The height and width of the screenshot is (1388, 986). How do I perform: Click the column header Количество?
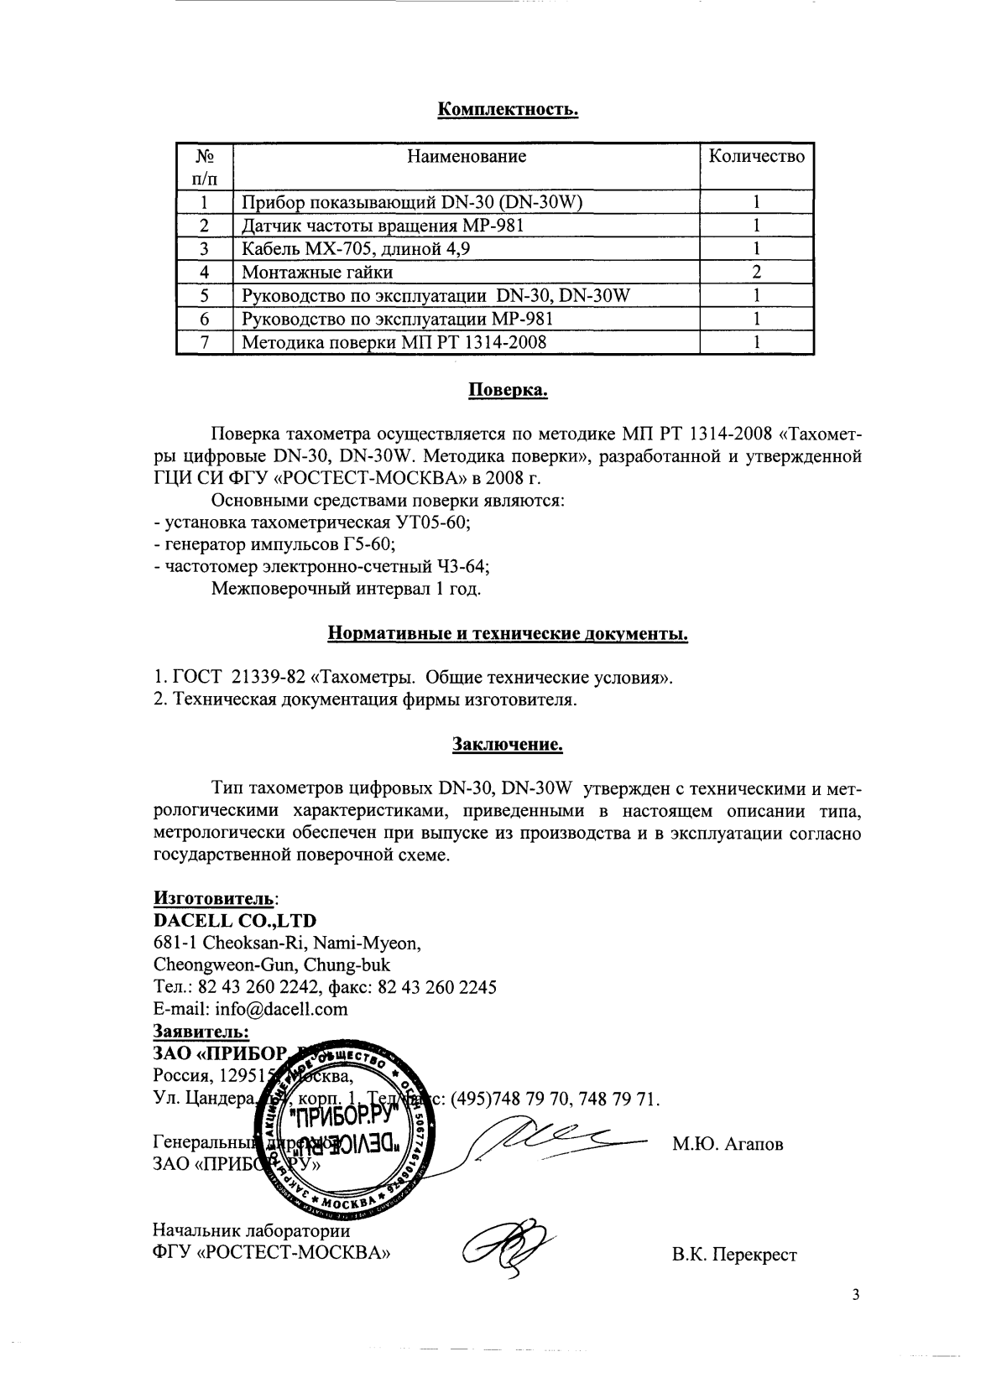coord(756,156)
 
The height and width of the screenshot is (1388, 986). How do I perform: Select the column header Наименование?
coord(467,156)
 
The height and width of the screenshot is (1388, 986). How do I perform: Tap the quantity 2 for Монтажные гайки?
coord(756,272)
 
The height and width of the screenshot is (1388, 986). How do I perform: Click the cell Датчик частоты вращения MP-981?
coord(387,226)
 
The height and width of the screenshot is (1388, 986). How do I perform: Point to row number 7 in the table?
coord(204,342)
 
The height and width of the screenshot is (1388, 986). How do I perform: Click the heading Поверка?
coord(507,390)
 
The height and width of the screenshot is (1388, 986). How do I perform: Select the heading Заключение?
coord(507,743)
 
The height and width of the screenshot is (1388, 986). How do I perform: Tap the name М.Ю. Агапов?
coord(728,1144)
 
